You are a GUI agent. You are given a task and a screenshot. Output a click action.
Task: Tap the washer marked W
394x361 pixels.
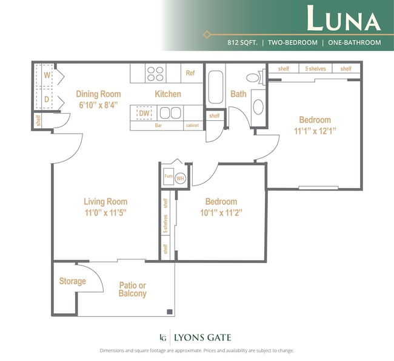point(46,76)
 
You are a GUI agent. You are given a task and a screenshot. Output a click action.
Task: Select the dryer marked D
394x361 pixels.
point(46,99)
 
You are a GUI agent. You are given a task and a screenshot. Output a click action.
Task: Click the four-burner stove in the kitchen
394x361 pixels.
point(156,74)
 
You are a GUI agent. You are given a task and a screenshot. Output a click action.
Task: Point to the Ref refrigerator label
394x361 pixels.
point(190,73)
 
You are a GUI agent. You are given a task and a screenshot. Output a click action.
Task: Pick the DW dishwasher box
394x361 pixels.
point(144,112)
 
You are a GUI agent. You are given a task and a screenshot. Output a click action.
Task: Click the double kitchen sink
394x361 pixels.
point(170,112)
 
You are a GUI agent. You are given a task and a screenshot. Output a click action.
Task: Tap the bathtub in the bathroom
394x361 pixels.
point(216,88)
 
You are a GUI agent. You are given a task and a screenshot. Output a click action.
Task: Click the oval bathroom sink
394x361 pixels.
point(258,107)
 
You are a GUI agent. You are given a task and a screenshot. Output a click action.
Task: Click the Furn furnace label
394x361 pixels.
point(169,177)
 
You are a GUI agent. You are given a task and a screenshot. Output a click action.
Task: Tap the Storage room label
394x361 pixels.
point(72,281)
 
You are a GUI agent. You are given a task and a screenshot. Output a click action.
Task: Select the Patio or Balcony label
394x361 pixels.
point(132,290)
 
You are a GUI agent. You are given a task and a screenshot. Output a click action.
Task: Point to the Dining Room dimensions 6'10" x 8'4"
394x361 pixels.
point(98,105)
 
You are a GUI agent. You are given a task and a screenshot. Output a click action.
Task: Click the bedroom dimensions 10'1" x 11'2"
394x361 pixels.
point(221,213)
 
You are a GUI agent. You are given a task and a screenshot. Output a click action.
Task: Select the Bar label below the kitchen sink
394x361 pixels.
point(158,126)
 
